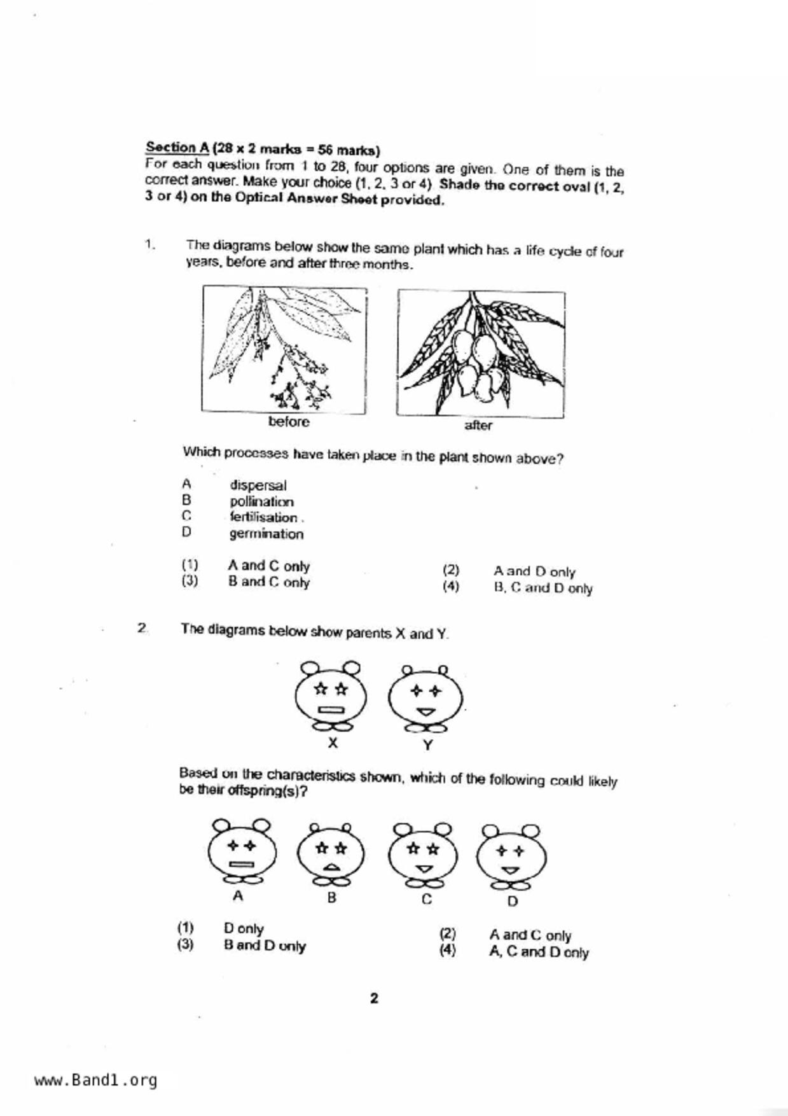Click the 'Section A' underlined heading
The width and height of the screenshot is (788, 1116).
[x=177, y=148]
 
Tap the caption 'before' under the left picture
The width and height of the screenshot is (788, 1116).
[x=289, y=422]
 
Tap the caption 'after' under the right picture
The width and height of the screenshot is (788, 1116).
[x=478, y=426]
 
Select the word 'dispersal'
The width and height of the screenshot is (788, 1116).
[x=258, y=485]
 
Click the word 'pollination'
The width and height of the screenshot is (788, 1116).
[x=262, y=502]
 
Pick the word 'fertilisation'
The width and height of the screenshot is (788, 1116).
[x=263, y=518]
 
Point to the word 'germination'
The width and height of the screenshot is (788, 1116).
[x=266, y=534]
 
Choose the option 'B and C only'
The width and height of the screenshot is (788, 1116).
[x=269, y=582]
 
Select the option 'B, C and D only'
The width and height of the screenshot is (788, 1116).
[x=543, y=589]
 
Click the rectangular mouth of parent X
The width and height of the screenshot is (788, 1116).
[x=331, y=710]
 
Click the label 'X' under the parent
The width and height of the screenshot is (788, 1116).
[x=333, y=743]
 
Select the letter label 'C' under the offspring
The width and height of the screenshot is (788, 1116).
[x=427, y=899]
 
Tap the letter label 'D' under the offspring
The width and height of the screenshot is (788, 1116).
[x=513, y=902]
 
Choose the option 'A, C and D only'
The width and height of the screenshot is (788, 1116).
[x=539, y=952]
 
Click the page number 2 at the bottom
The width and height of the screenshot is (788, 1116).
[x=374, y=998]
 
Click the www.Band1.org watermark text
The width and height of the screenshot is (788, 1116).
[x=96, y=1080]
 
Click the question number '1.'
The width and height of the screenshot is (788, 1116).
[x=150, y=244]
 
